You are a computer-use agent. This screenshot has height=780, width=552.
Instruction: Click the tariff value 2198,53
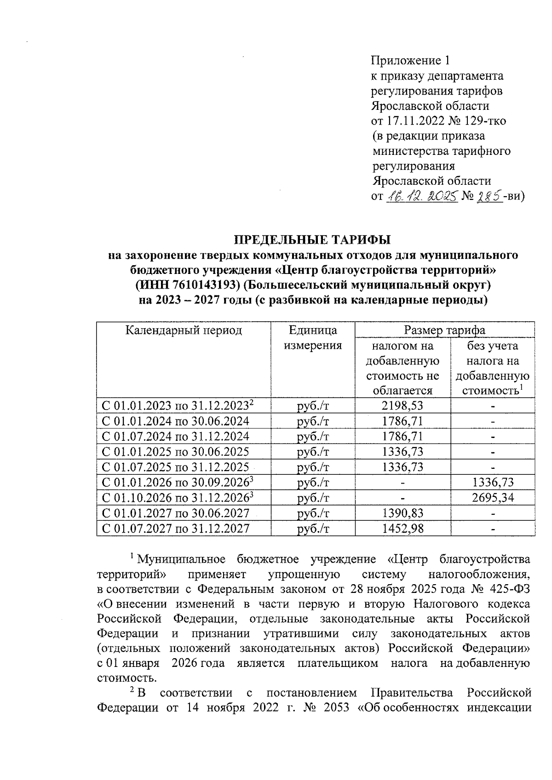[402, 405]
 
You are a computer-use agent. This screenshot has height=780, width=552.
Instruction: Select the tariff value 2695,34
[493, 498]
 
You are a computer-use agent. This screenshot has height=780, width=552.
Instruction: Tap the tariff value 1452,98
[402, 529]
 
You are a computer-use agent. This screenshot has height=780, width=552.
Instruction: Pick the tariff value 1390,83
[402, 513]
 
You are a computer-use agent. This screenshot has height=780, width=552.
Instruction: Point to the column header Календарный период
[184, 330]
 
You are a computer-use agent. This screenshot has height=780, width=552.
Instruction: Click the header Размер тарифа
[444, 330]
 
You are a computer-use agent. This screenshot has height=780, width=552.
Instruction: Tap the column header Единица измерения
[313, 338]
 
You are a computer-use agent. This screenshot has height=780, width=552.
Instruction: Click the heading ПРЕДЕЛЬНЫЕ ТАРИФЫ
[313, 239]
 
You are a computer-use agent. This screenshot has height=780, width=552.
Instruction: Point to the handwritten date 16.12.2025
[421, 196]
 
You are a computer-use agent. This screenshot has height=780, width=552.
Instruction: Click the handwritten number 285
[489, 196]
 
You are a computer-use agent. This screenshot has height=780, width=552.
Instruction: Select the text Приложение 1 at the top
[410, 60]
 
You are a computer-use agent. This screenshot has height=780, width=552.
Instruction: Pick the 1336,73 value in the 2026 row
[493, 483]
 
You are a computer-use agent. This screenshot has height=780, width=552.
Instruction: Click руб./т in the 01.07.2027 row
[313, 529]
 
